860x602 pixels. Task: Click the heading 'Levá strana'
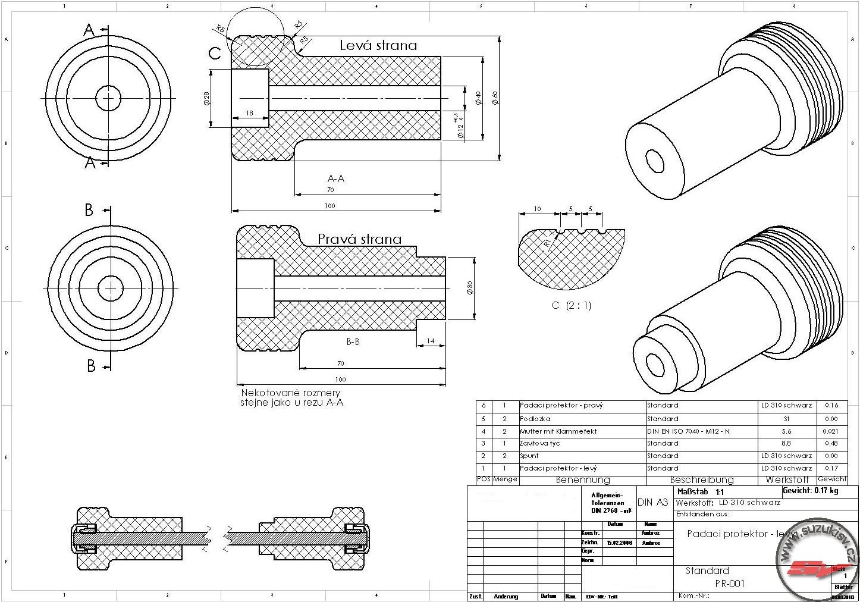[378, 45]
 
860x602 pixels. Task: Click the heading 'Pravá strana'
[359, 239]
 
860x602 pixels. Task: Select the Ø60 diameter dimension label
[495, 98]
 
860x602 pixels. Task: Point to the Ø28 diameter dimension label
[206, 98]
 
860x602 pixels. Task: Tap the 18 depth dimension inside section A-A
[249, 113]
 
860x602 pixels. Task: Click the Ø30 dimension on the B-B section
[470, 288]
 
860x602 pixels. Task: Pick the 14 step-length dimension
[431, 341]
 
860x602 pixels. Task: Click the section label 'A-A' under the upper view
[336, 178]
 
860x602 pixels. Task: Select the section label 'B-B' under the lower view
[353, 342]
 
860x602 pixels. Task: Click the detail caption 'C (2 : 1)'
[571, 306]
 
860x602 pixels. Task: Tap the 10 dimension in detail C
[537, 209]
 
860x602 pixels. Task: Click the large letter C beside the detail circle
[215, 54]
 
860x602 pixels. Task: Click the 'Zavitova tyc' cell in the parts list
[540, 443]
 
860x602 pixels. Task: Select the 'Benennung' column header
[582, 479]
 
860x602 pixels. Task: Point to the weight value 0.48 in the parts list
[831, 443]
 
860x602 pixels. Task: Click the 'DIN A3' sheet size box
[653, 503]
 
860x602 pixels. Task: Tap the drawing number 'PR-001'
[729, 584]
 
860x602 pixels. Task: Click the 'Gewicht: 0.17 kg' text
[810, 491]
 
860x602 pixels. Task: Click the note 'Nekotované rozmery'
[290, 393]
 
